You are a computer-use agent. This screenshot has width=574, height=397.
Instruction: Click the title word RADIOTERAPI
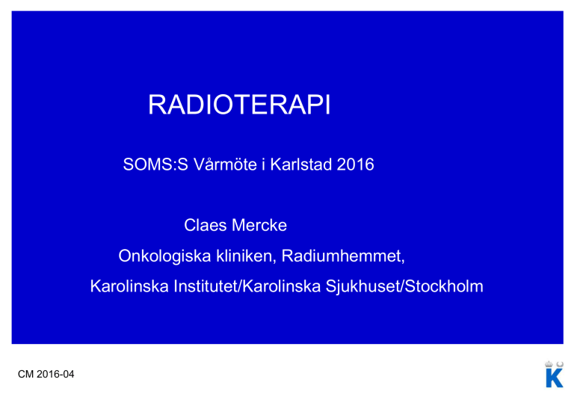pyautogui.click(x=239, y=105)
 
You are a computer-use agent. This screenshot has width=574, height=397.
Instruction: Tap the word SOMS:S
pyautogui.click(x=155, y=164)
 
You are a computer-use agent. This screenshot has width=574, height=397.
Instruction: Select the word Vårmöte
pyautogui.click(x=225, y=164)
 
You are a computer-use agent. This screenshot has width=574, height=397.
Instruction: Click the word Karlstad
pyautogui.click(x=301, y=164)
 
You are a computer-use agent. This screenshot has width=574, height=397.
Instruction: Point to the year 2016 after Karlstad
pyautogui.click(x=356, y=164)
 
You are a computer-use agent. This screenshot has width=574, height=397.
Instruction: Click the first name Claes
pyautogui.click(x=206, y=225)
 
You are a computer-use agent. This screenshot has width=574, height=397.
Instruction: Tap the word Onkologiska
pyautogui.click(x=164, y=256)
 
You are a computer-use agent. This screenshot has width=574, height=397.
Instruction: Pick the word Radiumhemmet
pyautogui.click(x=342, y=256)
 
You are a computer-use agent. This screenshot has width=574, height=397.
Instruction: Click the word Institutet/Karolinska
pyautogui.click(x=247, y=286)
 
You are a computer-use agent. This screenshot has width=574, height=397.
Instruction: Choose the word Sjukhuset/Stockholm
pyautogui.click(x=404, y=287)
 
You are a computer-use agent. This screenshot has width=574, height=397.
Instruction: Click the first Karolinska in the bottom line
pyautogui.click(x=129, y=286)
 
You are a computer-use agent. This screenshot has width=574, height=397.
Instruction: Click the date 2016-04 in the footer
pyautogui.click(x=55, y=375)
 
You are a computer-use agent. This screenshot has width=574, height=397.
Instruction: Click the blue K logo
pyautogui.click(x=555, y=378)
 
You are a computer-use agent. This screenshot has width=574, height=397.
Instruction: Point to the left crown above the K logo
pyautogui.click(x=549, y=364)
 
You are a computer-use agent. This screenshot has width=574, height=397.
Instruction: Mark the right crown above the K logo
pyautogui.click(x=560, y=364)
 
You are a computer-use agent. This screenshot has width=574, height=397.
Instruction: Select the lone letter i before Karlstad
pyautogui.click(x=263, y=164)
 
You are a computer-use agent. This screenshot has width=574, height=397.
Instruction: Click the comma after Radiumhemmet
pyautogui.click(x=403, y=262)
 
